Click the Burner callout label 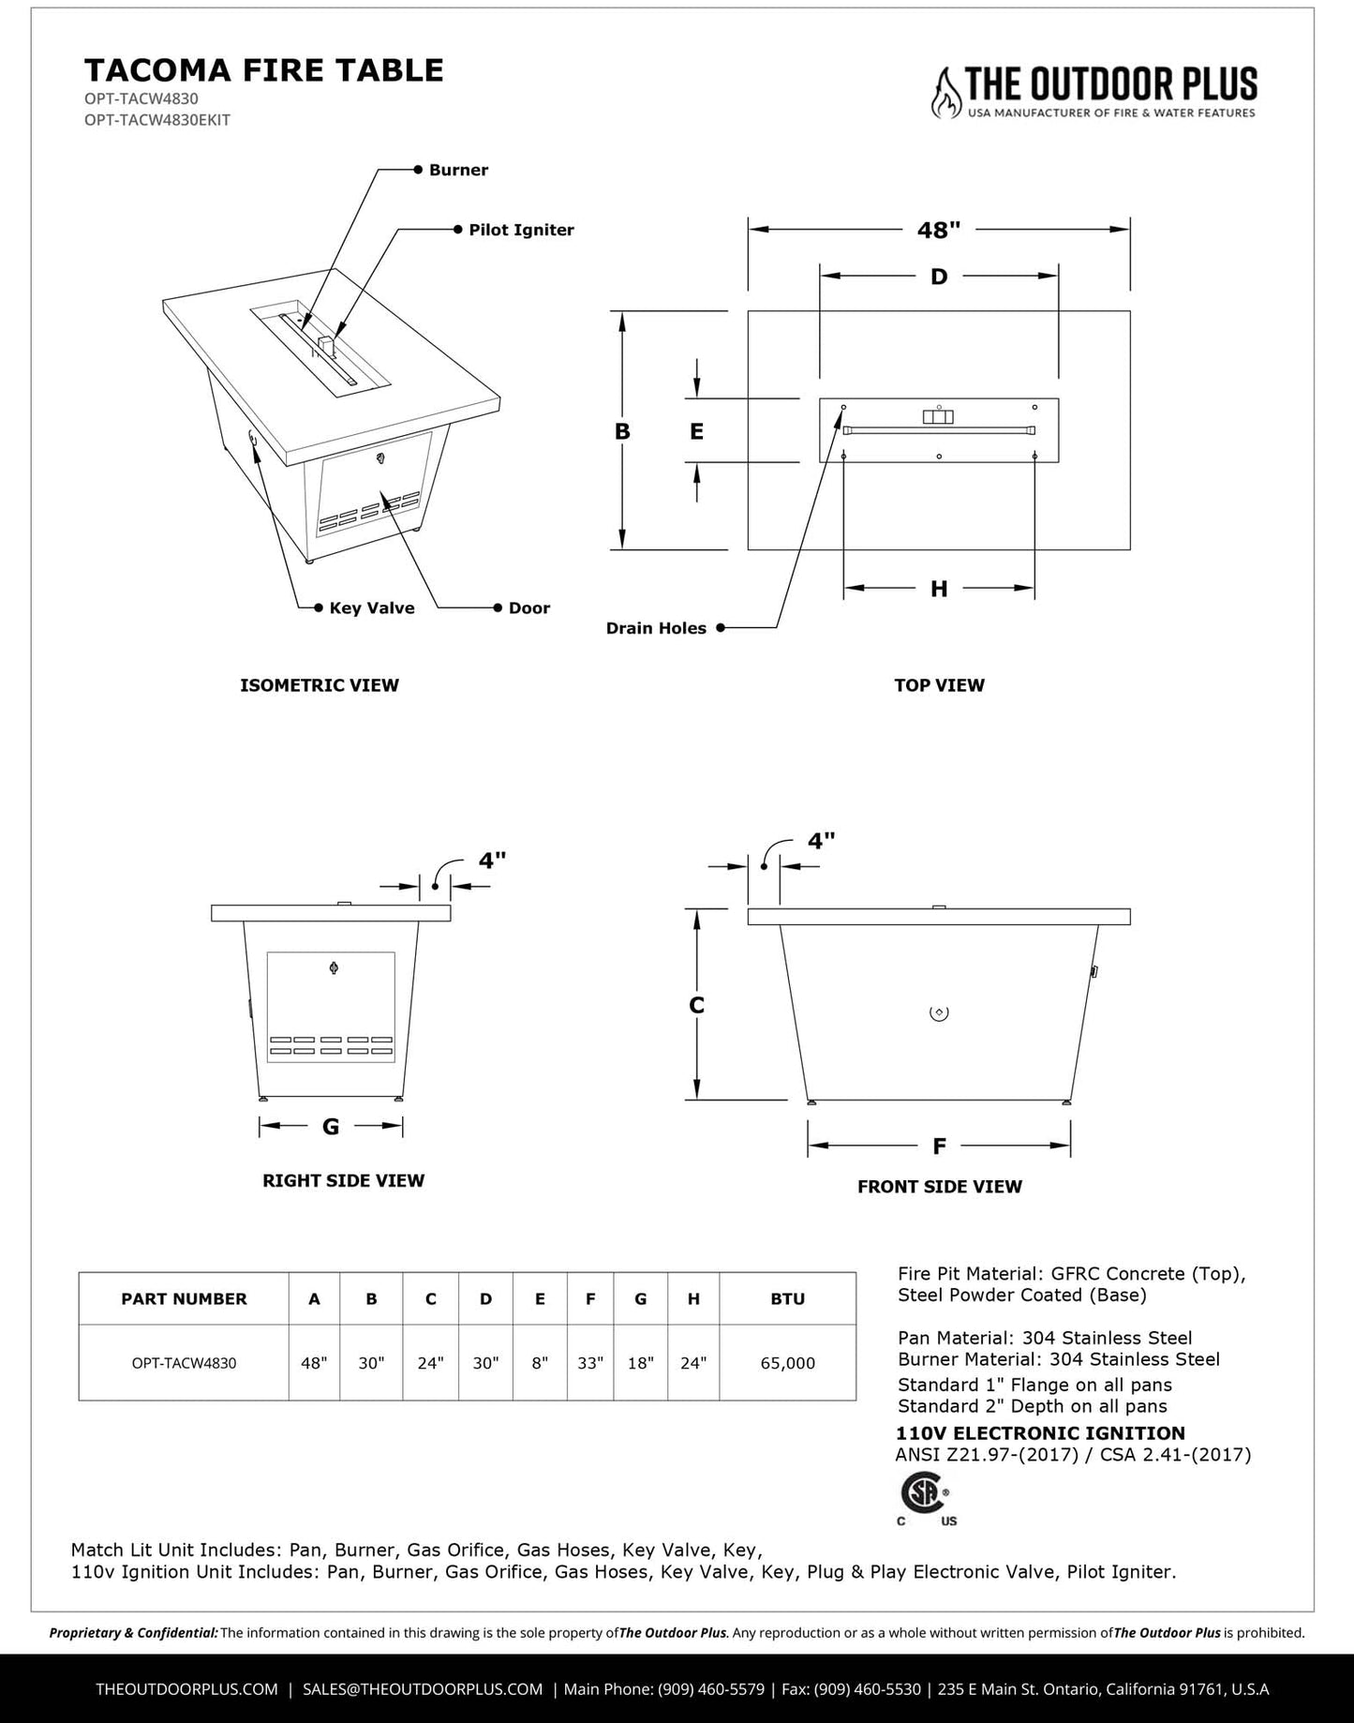(458, 170)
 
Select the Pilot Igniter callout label (521, 230)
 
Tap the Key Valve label (371, 607)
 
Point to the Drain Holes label (656, 628)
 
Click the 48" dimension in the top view (938, 230)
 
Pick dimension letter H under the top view (939, 589)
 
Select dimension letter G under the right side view (331, 1126)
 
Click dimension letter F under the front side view (939, 1146)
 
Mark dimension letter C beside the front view (696, 1005)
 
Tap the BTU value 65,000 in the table (787, 1363)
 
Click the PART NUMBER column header (184, 1298)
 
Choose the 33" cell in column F (590, 1363)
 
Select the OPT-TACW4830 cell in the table (184, 1363)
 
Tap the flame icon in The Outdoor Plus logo (946, 93)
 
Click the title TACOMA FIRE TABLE (264, 70)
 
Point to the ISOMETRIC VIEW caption (320, 685)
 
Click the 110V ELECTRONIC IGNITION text (1040, 1432)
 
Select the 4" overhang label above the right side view (492, 860)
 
